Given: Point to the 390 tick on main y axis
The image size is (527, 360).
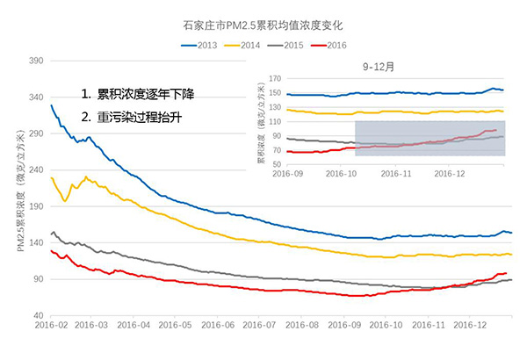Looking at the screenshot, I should [37, 61].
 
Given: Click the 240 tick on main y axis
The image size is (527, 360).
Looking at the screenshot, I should [37, 169].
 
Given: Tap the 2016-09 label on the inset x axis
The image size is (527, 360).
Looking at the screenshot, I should [288, 174].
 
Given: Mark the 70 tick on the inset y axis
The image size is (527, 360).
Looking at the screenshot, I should [278, 150].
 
